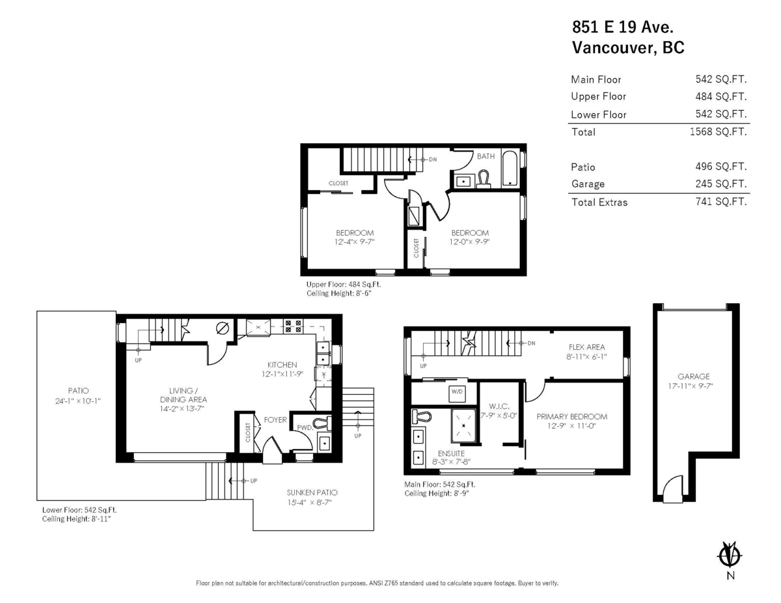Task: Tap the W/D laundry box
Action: point(456,392)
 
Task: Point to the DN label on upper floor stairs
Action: point(432,159)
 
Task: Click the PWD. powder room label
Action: point(305,427)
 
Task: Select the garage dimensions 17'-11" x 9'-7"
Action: point(693,385)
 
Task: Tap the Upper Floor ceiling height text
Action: point(338,294)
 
